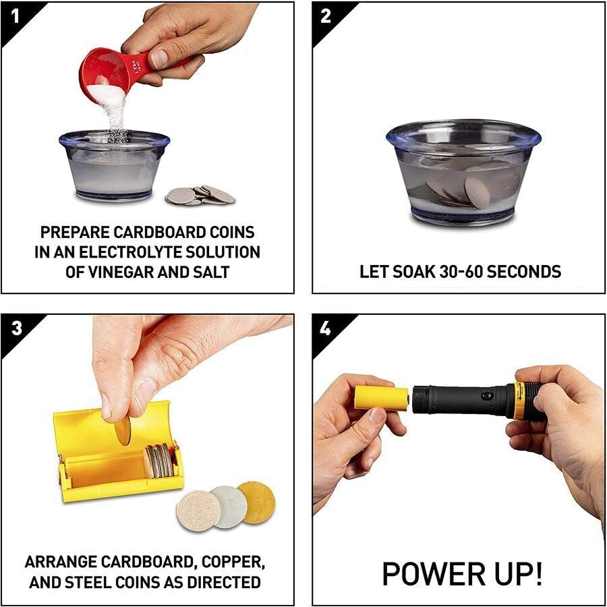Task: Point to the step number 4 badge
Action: click(326, 328)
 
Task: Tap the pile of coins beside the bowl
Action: click(200, 195)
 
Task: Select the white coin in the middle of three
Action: click(228, 506)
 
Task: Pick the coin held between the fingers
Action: click(123, 430)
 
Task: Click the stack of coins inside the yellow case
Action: click(158, 461)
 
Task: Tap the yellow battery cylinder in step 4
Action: click(382, 398)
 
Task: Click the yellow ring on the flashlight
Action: click(520, 399)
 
